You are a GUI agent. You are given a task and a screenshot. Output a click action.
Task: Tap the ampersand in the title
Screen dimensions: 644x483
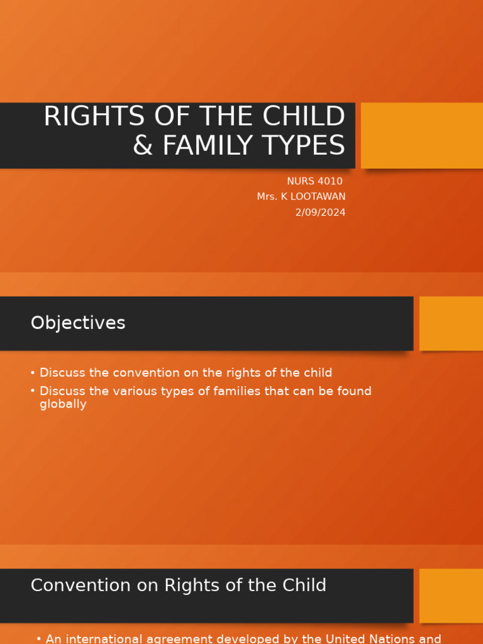point(143,145)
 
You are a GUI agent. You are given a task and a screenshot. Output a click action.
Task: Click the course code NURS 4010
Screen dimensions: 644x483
point(314,181)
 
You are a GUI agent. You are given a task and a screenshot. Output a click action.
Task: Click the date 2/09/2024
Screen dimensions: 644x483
point(320,213)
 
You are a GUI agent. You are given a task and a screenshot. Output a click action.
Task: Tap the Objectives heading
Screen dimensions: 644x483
point(78,323)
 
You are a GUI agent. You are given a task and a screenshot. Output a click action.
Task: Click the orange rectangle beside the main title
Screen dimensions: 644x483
point(421,135)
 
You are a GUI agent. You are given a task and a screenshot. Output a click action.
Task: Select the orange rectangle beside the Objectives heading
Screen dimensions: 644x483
point(451,323)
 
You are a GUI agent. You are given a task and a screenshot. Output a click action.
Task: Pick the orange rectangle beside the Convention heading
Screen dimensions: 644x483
point(451,595)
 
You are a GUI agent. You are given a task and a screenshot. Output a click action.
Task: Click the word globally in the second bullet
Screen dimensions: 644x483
point(63,404)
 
